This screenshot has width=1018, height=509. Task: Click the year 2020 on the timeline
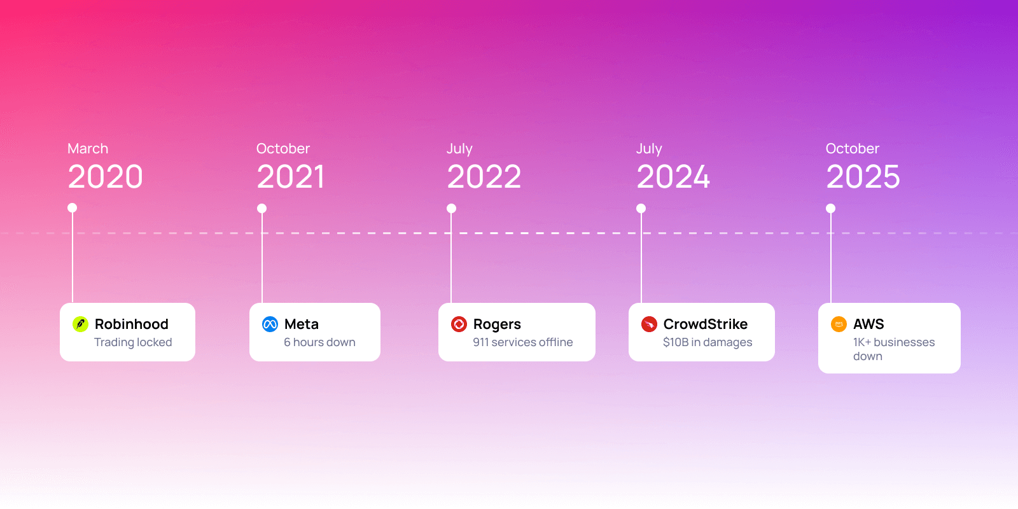[x=106, y=177]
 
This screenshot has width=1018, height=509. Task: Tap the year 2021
[x=291, y=177]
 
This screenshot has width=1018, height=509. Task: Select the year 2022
[x=484, y=177]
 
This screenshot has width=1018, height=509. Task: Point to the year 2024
[x=673, y=177]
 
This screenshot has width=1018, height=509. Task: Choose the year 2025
[x=863, y=177]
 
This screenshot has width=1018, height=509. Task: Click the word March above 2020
[x=88, y=149]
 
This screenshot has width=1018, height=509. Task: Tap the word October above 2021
[x=283, y=149]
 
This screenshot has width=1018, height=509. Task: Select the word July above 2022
[x=459, y=149]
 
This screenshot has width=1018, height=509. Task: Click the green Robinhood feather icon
[x=80, y=324]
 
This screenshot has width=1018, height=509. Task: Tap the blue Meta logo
[x=270, y=324]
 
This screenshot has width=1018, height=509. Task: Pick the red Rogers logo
[x=459, y=324]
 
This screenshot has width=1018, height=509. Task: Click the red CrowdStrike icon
[x=649, y=324]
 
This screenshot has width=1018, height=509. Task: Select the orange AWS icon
[x=839, y=324]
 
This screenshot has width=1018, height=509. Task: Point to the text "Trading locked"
[x=133, y=342]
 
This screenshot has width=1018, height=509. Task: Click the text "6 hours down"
[x=319, y=342]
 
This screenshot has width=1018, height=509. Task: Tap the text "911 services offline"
[x=522, y=342]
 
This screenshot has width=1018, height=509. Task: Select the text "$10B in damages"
[x=708, y=342]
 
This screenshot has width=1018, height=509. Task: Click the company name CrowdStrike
[x=706, y=324]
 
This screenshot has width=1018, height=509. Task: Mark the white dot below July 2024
[x=641, y=209]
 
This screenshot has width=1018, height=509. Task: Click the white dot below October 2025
[x=830, y=209]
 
